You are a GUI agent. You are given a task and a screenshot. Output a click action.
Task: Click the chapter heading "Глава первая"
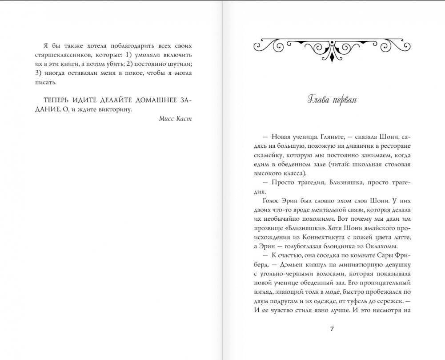click(x=332, y=99)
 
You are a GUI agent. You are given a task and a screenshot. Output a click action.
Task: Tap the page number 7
click(x=332, y=329)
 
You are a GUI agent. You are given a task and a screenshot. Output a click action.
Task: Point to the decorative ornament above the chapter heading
click(x=332, y=46)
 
